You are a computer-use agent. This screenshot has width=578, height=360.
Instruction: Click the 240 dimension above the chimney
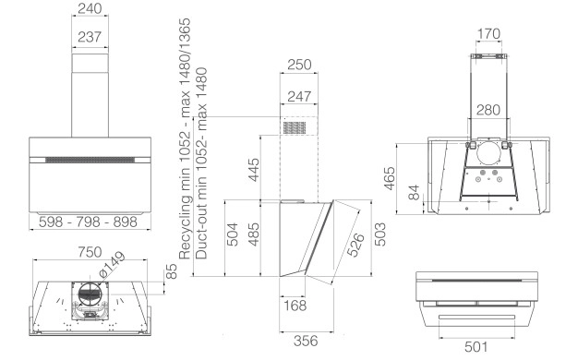click(90, 8)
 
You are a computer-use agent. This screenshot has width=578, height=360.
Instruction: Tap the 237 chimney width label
click(90, 37)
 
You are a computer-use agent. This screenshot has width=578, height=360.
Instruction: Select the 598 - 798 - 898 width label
click(88, 222)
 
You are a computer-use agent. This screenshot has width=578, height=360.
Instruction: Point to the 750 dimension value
click(90, 252)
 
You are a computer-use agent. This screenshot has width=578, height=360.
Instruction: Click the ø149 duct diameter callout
click(113, 264)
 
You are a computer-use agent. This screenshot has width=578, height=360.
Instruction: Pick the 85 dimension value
click(172, 271)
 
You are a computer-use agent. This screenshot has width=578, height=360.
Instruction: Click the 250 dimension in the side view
click(299, 65)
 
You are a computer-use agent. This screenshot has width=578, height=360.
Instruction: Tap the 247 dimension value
click(299, 97)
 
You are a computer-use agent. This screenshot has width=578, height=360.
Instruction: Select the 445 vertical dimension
click(254, 170)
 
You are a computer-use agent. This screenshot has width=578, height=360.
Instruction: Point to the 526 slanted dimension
click(355, 245)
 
